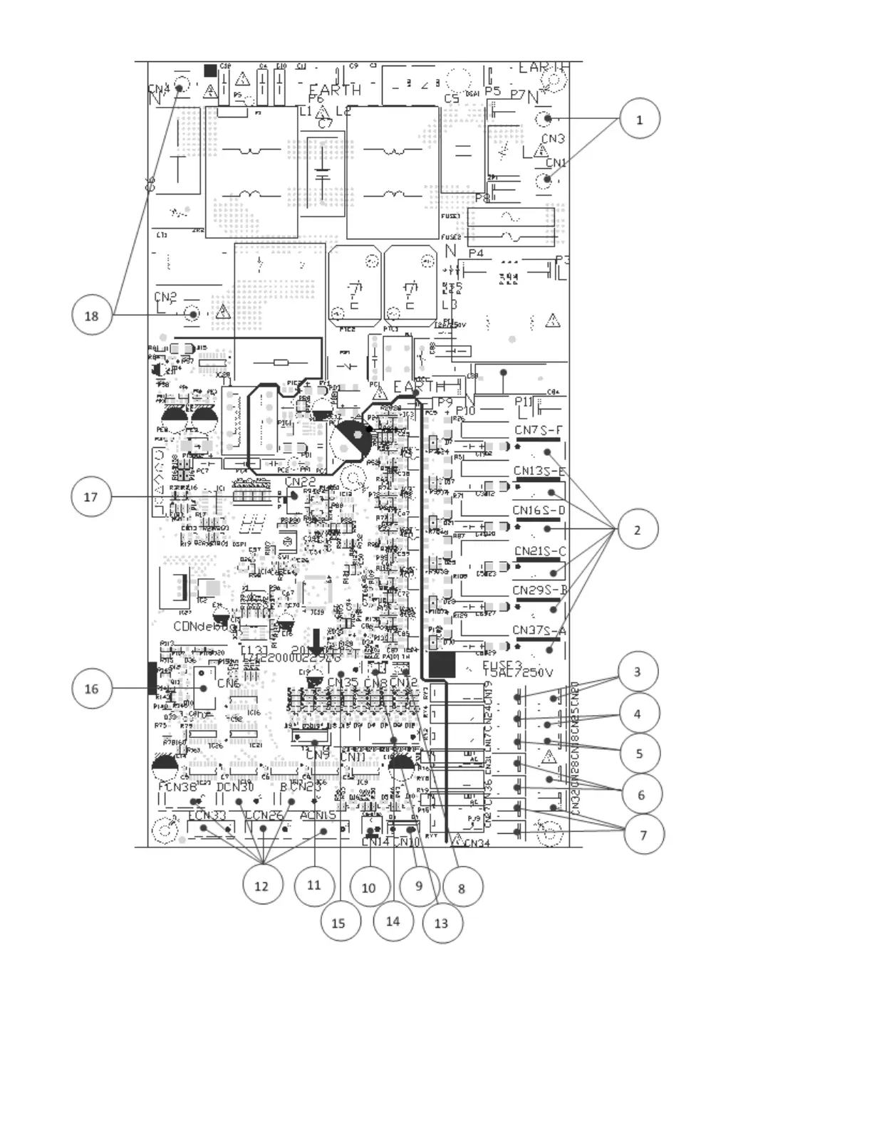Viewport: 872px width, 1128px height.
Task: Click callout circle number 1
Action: (x=639, y=119)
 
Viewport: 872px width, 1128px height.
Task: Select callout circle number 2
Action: (x=637, y=529)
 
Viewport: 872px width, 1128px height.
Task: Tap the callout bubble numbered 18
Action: (x=92, y=315)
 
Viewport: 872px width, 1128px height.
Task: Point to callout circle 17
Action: (x=91, y=496)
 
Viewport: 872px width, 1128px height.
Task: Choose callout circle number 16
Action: (x=92, y=689)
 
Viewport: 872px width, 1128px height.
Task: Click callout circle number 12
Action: (x=262, y=885)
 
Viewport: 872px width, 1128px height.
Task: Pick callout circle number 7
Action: (x=643, y=834)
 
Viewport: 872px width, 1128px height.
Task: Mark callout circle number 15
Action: (x=338, y=923)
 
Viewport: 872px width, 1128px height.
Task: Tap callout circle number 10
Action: (x=368, y=887)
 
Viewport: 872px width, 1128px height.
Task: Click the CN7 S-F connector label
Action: (x=538, y=430)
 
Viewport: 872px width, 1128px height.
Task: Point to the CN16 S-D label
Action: (x=539, y=510)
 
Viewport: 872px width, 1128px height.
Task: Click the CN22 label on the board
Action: (x=300, y=482)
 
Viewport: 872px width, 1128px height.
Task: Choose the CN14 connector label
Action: (x=375, y=842)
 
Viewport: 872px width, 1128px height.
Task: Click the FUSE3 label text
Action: (x=502, y=665)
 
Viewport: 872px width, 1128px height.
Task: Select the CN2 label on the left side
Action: (x=165, y=296)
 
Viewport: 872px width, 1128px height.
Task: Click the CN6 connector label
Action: (x=229, y=683)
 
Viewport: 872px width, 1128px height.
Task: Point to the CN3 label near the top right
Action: (x=553, y=139)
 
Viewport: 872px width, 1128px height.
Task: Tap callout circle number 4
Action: (x=637, y=713)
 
